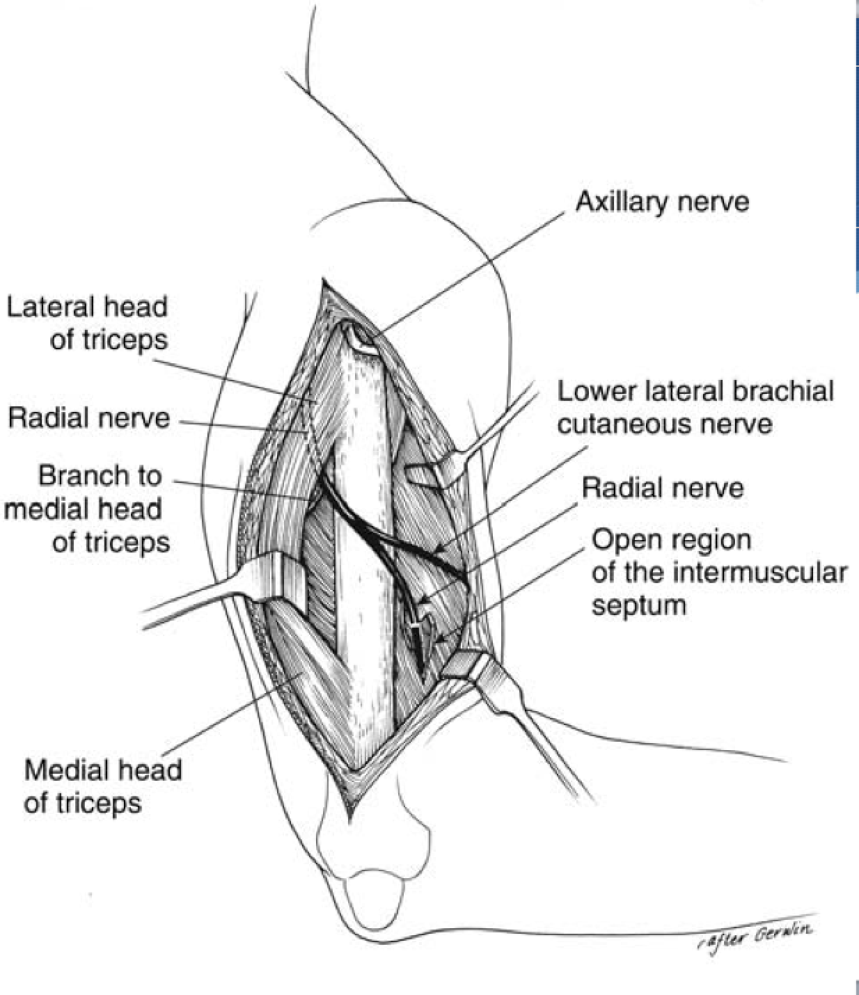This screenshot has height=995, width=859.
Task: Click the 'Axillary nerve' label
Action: [661, 202]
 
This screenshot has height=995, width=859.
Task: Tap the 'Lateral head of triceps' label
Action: [87, 323]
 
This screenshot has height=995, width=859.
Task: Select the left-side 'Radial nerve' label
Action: [88, 418]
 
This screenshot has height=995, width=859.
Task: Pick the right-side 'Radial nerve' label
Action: [662, 488]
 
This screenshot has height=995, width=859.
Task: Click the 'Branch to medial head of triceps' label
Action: [86, 509]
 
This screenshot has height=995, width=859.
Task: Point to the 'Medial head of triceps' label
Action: [102, 786]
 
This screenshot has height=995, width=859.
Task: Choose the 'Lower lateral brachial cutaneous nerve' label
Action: [695, 407]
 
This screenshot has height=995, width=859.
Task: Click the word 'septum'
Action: [638, 605]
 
